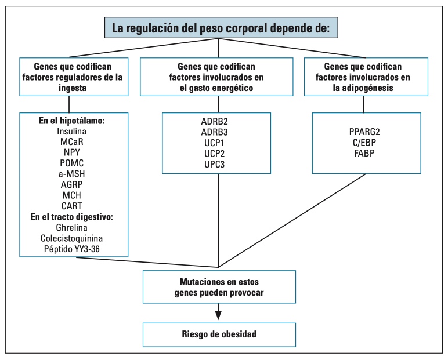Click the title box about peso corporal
(218, 27)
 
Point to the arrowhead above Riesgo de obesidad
(218, 315)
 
